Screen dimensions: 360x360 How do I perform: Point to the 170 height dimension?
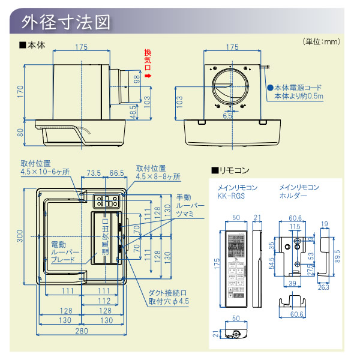click(x=20, y=90)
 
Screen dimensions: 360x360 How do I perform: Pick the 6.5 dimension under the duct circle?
click(x=227, y=115)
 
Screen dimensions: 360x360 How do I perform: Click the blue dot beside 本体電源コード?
click(x=271, y=87)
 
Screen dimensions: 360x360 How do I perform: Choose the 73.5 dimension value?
click(x=94, y=173)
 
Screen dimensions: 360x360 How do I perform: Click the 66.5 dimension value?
click(x=117, y=173)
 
